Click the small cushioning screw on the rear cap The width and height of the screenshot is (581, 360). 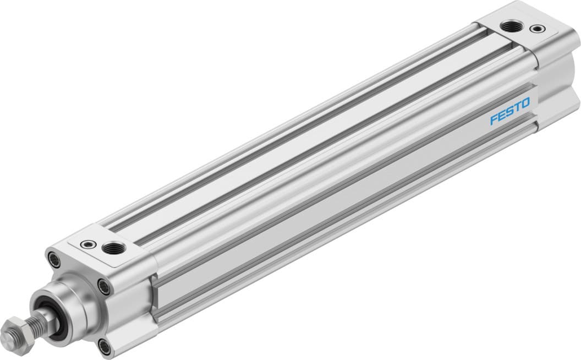point(534,28)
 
